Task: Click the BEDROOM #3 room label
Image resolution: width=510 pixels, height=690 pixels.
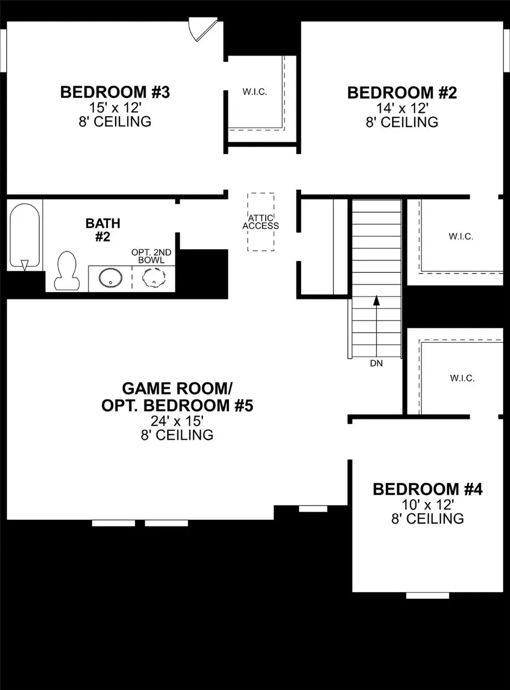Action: [115, 92]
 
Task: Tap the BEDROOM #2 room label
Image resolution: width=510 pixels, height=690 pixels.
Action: [402, 92]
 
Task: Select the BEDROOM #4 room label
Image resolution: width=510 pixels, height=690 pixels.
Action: [427, 489]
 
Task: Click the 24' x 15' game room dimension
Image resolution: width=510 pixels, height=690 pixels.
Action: [173, 421]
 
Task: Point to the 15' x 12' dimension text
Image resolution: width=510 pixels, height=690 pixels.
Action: [116, 108]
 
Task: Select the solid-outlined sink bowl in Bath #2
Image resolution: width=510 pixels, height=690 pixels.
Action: [109, 278]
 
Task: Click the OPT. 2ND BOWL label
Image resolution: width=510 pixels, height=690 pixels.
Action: [152, 256]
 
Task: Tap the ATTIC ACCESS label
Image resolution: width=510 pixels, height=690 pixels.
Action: [261, 222]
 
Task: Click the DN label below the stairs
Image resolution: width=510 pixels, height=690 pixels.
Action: [376, 363]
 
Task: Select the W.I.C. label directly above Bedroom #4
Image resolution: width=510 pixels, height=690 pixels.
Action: [462, 378]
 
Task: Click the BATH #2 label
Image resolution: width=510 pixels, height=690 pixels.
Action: [103, 230]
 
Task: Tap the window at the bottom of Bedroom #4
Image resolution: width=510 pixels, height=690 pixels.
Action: [428, 595]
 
